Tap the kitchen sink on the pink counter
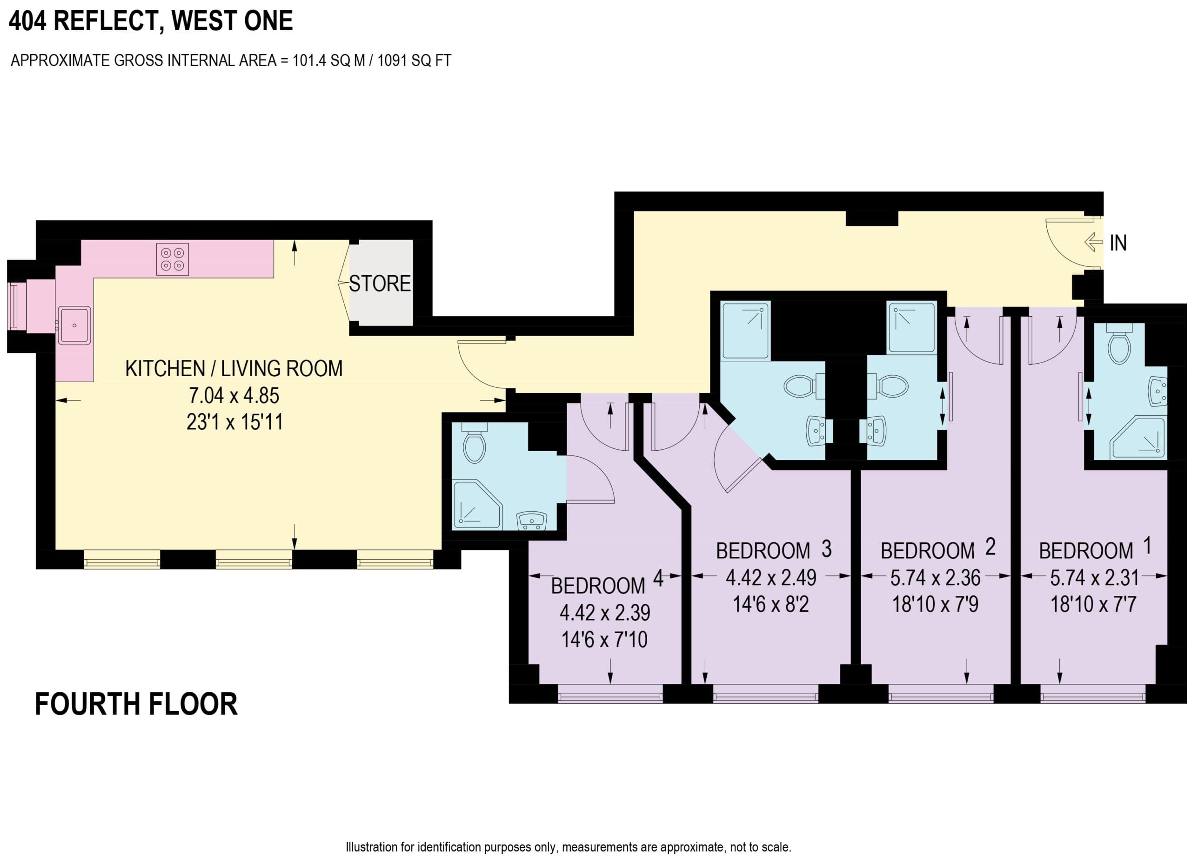(74, 325)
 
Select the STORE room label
(380, 284)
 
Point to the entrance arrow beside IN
(1094, 242)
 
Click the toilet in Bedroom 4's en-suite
(474, 445)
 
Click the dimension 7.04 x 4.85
(234, 395)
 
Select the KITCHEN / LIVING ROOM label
(234, 369)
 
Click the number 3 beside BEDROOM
(827, 549)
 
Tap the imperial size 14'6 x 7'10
(604, 640)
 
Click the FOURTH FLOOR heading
(136, 705)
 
